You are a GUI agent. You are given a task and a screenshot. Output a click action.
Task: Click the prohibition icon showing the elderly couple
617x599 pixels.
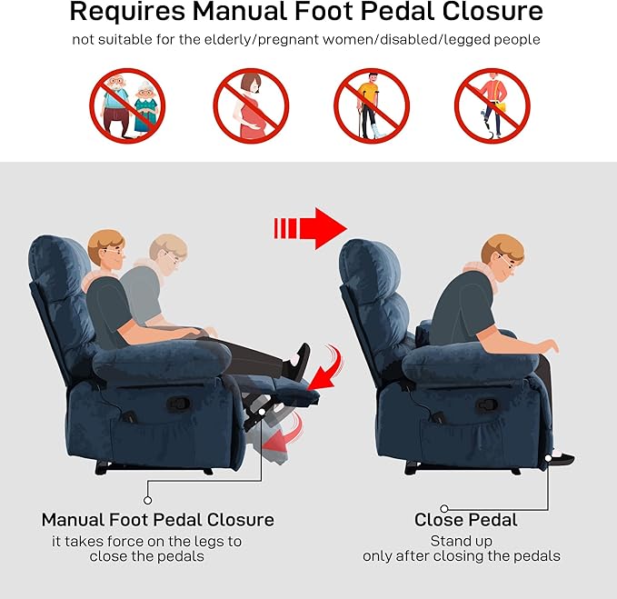pos(127,105)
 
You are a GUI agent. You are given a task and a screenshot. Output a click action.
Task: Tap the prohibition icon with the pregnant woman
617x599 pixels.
pos(251,105)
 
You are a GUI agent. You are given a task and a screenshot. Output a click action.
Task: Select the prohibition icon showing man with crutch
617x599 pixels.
pos(372,105)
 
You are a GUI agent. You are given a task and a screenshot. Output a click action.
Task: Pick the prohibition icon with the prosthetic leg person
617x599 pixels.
pos(492,105)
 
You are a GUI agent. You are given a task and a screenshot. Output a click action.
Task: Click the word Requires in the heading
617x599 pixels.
pos(135,13)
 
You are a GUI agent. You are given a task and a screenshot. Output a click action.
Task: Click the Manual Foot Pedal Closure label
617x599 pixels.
pos(157,520)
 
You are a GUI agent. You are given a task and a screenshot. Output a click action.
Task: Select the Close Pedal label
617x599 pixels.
pos(465,520)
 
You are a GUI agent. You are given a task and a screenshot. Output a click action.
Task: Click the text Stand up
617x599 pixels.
pos(461,542)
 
